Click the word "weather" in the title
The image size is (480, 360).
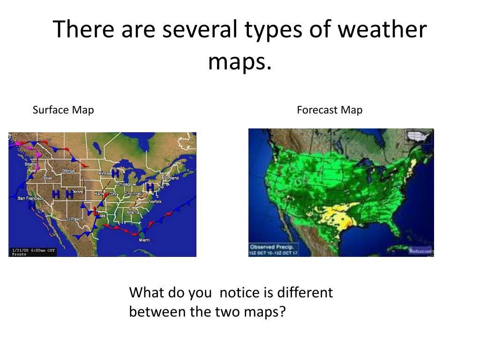[382, 30]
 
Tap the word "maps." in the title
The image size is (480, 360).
[240, 61]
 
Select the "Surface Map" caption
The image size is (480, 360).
[63, 110]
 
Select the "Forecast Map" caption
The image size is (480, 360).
[330, 110]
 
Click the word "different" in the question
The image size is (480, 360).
[305, 293]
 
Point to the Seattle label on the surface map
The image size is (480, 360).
[31, 164]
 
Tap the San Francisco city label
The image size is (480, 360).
[30, 198]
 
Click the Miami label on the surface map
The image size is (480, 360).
[144, 240]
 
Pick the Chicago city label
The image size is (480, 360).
[124, 184]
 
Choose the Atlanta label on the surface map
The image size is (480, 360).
[133, 212]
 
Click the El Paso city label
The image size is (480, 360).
[74, 219]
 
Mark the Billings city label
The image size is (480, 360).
[68, 171]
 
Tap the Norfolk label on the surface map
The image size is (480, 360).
[155, 201]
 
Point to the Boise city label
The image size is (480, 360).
[48, 178]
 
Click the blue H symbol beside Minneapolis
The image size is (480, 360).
[115, 173]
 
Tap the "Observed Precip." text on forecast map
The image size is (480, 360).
[272, 247]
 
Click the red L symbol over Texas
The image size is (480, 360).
[97, 211]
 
